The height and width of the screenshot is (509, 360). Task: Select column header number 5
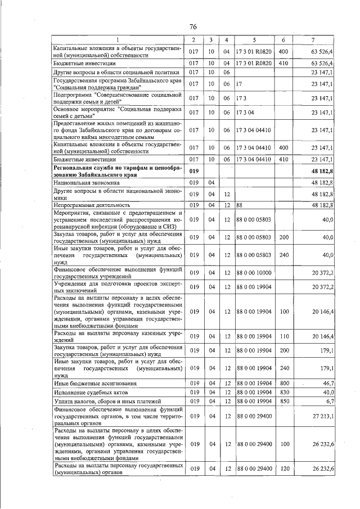click(254, 39)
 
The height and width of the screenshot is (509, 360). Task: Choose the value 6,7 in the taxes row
click(327, 400)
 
